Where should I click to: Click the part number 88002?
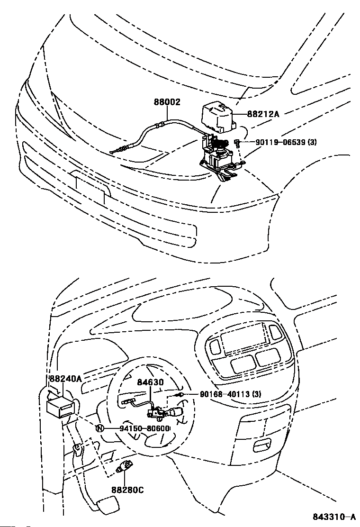pyautogui.click(x=167, y=102)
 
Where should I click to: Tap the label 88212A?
pyautogui.click(x=263, y=114)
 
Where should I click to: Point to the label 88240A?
pyautogui.click(x=65, y=379)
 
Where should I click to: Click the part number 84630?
pyautogui.click(x=150, y=382)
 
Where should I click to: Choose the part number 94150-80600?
pyautogui.click(x=137, y=428)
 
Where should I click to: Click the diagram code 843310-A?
pyautogui.click(x=333, y=517)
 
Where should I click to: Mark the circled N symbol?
pyautogui.click(x=100, y=428)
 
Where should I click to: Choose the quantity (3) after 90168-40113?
pyautogui.click(x=256, y=394)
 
